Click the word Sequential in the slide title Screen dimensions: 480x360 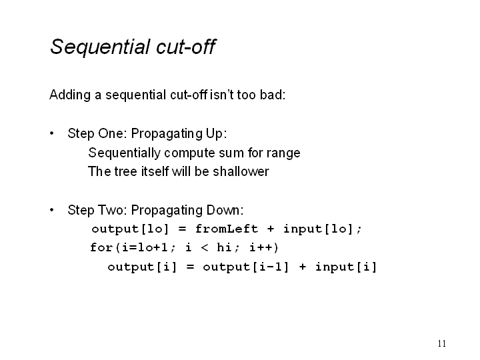101,47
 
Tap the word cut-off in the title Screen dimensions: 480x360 186,47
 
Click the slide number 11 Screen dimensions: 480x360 442,343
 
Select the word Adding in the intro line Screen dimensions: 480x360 70,95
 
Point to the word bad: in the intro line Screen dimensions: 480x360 273,95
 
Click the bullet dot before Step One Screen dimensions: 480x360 52,133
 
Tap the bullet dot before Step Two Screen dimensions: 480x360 52,210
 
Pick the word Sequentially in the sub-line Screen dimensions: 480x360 124,153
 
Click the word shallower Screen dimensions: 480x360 241,171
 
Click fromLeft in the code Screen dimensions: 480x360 227,229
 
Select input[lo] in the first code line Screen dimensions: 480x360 319,229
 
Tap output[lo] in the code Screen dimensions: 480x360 130,229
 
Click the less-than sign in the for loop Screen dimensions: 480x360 204,247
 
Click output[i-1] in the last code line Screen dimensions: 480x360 245,267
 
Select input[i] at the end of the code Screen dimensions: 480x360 346,267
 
